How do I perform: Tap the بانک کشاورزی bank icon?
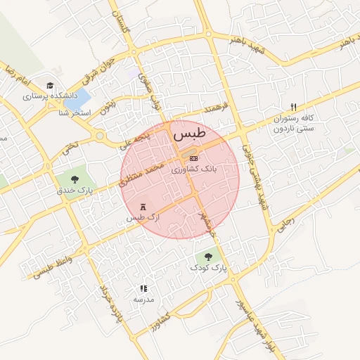pyautogui.click(x=193, y=158)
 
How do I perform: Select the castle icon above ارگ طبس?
pyautogui.click(x=144, y=207)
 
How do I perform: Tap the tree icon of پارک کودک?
pyautogui.click(x=207, y=257)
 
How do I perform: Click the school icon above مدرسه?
pyautogui.click(x=143, y=288)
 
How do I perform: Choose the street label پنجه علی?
pyautogui.click(x=133, y=138)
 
